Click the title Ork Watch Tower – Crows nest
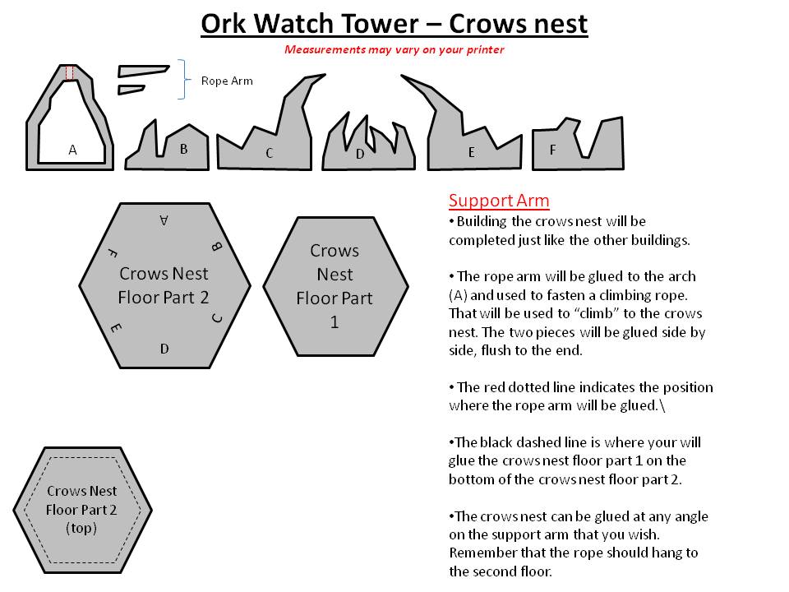[x=394, y=24]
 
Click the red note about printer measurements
[x=394, y=49]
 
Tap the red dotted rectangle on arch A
[x=70, y=72]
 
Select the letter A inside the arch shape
[x=72, y=150]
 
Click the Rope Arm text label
[x=227, y=81]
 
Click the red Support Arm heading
[x=499, y=201]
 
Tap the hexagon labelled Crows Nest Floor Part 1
[x=335, y=285]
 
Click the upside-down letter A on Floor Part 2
[x=164, y=220]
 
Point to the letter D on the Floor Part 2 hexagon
[x=164, y=349]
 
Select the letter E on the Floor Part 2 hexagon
[x=115, y=328]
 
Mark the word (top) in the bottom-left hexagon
[x=81, y=528]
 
